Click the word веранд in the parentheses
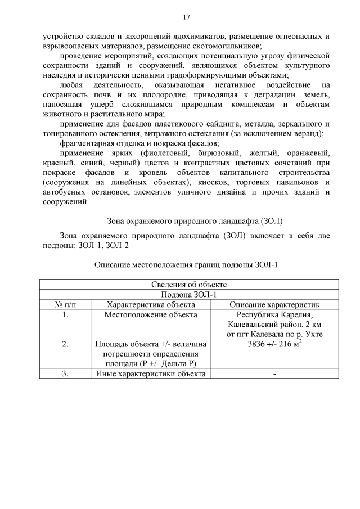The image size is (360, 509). [x=307, y=133]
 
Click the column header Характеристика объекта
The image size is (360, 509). [x=151, y=304]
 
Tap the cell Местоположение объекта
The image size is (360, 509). [x=151, y=314]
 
